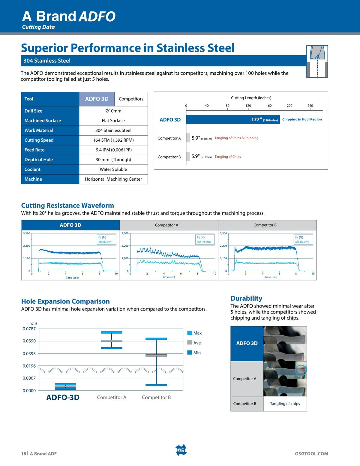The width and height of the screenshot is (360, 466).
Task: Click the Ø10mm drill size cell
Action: pos(113,111)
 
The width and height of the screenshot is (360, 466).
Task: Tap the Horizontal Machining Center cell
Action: pos(113,179)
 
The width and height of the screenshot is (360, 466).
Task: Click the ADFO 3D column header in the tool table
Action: pos(97,99)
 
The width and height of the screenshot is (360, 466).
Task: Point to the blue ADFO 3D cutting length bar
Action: pos(233,119)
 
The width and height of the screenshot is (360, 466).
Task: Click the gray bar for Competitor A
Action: pos(188,138)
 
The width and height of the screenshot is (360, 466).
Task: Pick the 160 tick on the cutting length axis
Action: pos(269,106)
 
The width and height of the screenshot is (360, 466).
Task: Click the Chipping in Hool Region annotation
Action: pos(302,119)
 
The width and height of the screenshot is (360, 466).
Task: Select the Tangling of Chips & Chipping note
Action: pos(236,138)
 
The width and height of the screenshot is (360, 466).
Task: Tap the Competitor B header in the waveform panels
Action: pos(265,225)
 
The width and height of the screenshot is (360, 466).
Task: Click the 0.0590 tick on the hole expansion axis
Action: pos(29,341)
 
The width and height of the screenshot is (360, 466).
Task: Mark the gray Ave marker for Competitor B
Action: pos(156,356)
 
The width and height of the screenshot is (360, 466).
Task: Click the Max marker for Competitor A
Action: pos(112,332)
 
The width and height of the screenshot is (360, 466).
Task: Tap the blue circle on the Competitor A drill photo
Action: pos(300,370)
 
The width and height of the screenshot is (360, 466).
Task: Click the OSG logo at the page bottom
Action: pos(181,450)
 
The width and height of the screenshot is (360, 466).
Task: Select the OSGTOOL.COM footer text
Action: pos(311,454)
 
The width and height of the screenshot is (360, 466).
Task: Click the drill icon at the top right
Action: pos(317,61)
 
